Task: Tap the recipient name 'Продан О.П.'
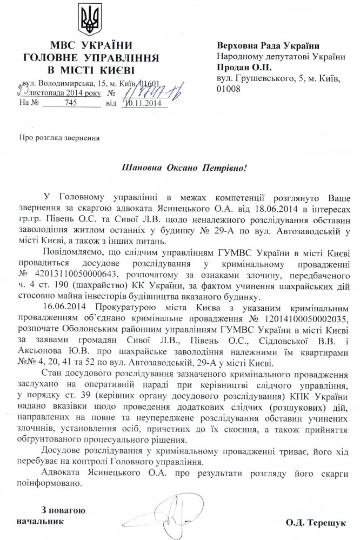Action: click(241, 68)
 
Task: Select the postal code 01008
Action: click(228, 89)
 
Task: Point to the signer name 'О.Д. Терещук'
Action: click(315, 522)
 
